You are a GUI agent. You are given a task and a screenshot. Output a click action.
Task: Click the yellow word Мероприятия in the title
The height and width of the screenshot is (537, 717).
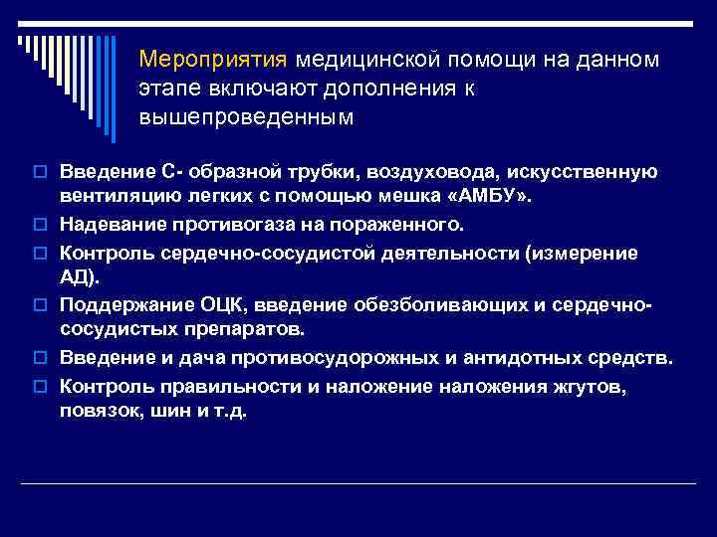212,60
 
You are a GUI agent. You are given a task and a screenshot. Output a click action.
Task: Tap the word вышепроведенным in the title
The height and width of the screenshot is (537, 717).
246,117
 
